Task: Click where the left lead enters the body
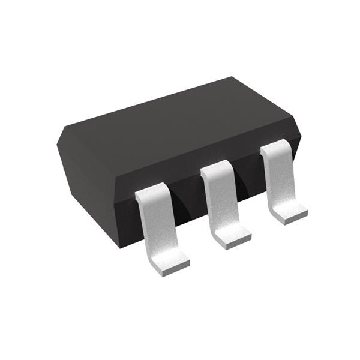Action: tap(148, 195)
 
